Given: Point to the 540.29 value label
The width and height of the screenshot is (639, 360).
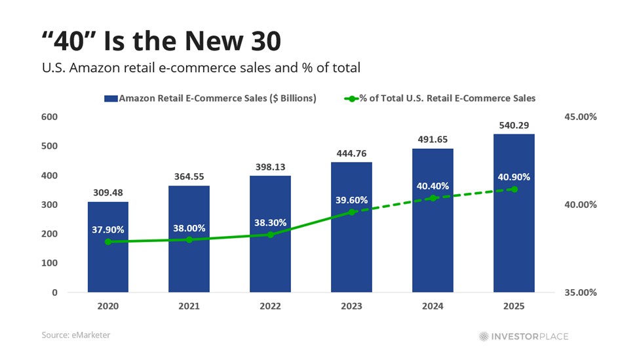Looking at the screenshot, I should coord(514,125).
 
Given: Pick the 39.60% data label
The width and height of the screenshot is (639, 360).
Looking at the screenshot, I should coord(351,200).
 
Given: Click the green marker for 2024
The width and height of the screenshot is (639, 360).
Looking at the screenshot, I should coord(433,197).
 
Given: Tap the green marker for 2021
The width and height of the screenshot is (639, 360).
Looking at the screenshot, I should coord(189,240).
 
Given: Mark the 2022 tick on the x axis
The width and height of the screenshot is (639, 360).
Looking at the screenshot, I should coord(271,306).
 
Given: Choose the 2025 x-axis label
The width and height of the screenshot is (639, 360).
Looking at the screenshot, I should coord(514,306).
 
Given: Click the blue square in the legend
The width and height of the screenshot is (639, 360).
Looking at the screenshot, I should coord(110,98).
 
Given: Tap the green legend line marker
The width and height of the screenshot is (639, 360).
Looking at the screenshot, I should coord(351,98).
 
